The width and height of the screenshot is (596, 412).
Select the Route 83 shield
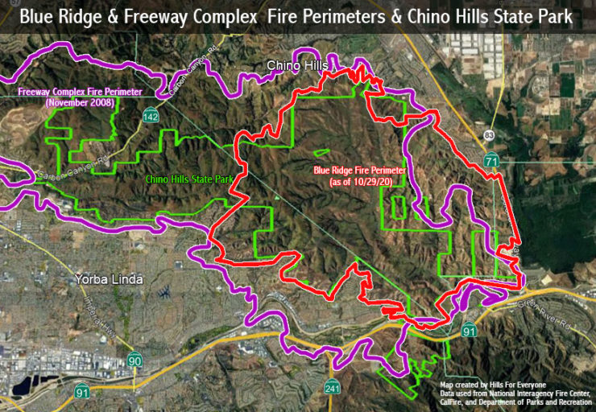489,134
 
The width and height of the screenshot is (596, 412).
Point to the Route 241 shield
350,389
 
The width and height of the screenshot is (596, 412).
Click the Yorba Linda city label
109,280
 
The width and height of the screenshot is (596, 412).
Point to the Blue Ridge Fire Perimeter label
359,171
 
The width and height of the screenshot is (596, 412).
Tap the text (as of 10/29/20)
360,183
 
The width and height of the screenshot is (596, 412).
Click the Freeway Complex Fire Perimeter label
80,92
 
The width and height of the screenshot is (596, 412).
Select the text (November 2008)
80,103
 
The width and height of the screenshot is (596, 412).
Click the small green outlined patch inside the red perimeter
321,152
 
